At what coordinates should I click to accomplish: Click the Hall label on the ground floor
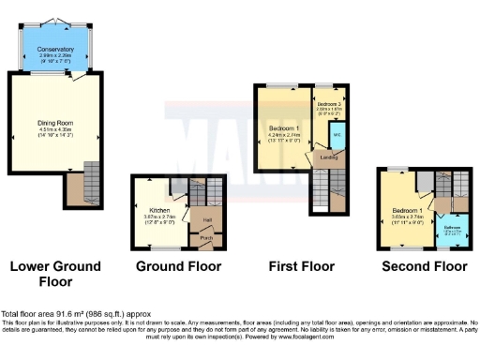point(205,220)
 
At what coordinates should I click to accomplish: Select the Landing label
point(329,157)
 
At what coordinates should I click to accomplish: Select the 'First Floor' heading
point(301,266)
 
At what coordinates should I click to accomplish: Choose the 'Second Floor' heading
point(424,266)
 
